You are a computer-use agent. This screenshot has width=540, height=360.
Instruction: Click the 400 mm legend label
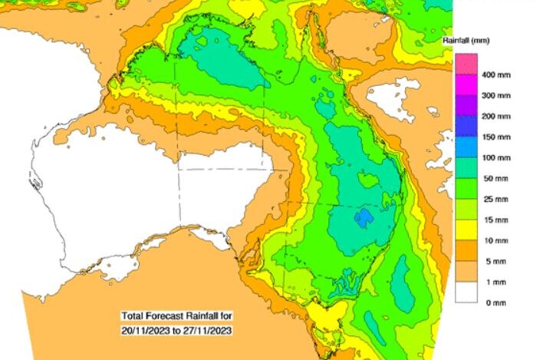click(496, 75)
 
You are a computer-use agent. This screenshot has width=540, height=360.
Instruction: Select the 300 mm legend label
click(496, 96)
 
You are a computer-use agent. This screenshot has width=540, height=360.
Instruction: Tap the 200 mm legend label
click(496, 117)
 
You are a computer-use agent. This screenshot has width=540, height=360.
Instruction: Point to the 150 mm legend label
click(496, 137)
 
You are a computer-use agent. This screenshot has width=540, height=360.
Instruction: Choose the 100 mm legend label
click(496, 157)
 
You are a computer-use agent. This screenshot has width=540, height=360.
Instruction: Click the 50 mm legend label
click(494, 178)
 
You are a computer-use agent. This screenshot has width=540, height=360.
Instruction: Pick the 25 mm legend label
click(494, 199)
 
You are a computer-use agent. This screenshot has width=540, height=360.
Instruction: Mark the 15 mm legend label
click(494, 220)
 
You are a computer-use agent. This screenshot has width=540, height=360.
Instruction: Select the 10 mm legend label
click(494, 240)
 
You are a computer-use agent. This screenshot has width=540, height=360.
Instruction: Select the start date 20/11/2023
click(147, 329)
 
